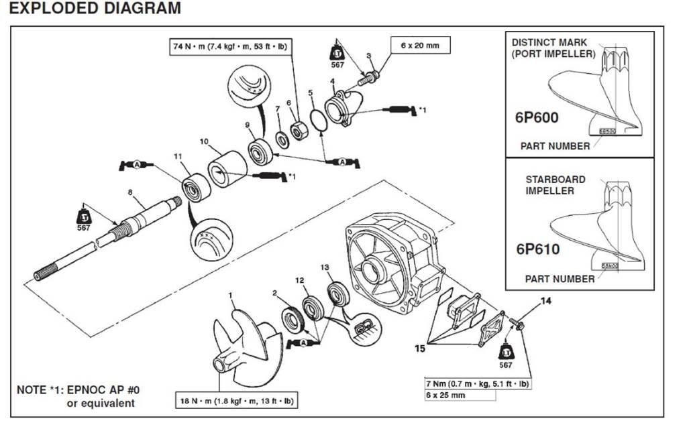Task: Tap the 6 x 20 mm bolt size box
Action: [x=420, y=46]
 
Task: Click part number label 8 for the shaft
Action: [x=131, y=192]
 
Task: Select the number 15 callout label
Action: [x=420, y=349]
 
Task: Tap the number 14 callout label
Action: [x=545, y=302]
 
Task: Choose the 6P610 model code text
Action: [x=537, y=249]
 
